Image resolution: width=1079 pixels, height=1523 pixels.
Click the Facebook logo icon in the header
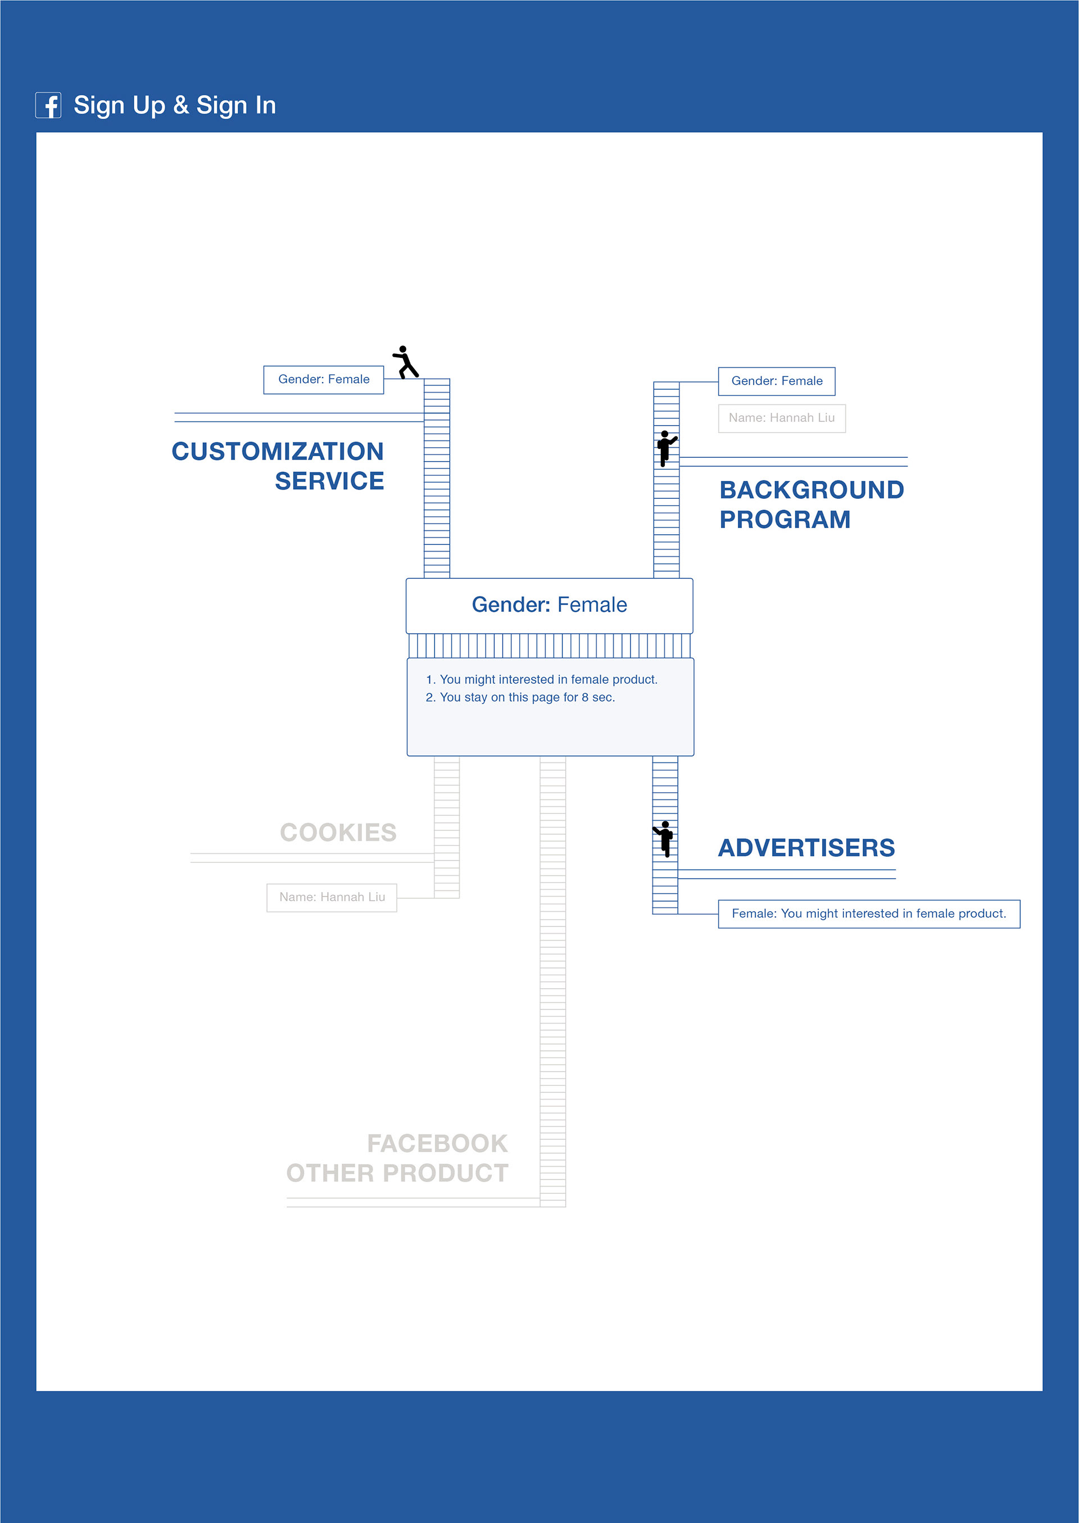[x=48, y=105]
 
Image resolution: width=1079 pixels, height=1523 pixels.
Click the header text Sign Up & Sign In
[x=175, y=106]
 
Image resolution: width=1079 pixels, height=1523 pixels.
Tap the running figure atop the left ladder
[x=405, y=362]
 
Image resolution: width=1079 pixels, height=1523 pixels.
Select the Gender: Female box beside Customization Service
[x=324, y=380]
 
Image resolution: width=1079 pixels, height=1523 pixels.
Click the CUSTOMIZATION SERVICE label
[x=278, y=466]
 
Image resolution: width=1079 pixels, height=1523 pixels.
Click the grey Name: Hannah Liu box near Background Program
[x=782, y=419]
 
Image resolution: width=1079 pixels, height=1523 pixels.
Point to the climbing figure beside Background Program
[x=667, y=448]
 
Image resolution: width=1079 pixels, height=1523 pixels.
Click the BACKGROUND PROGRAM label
[x=812, y=505]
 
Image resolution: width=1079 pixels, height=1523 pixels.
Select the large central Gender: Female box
[x=550, y=606]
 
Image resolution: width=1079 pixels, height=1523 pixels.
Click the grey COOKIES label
[x=338, y=832]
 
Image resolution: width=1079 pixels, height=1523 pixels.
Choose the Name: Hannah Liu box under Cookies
[x=332, y=897]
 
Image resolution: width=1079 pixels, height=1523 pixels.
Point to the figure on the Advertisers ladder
[x=664, y=839]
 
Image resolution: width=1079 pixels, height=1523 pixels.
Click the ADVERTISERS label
[x=806, y=848]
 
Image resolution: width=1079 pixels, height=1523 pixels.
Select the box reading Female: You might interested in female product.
[x=869, y=914]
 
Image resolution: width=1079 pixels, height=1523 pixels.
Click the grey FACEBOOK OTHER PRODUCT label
[x=397, y=1158]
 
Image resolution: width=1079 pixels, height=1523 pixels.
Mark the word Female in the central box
[x=592, y=605]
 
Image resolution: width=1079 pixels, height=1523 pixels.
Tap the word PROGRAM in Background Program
[x=785, y=520]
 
